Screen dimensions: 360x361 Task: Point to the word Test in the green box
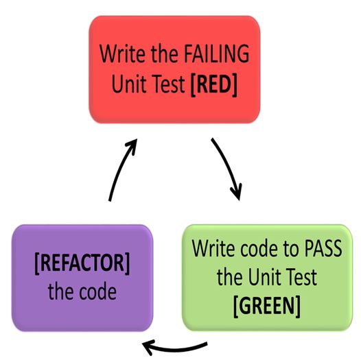tap(299, 277)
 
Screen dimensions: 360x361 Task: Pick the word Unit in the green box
tap(261, 277)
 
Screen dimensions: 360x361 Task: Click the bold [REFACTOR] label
tap(82, 261)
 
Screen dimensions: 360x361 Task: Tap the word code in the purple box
tap(96, 291)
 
